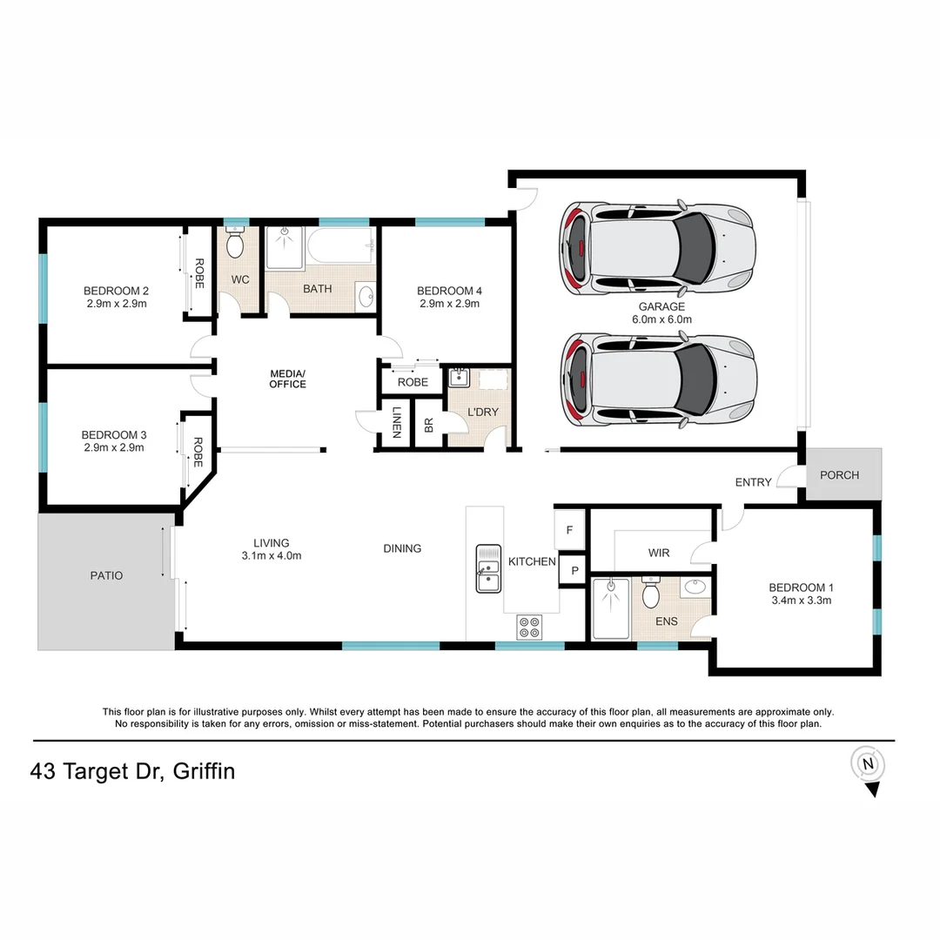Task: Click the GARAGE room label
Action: (x=661, y=306)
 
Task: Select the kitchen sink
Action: (x=488, y=568)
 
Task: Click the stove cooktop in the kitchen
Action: (x=529, y=627)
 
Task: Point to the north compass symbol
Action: (x=867, y=763)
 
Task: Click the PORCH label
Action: (x=839, y=475)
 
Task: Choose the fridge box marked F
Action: (x=569, y=529)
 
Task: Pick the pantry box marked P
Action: (x=574, y=571)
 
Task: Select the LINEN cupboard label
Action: (x=396, y=423)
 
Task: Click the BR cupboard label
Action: (x=428, y=425)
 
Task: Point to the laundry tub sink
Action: (x=459, y=378)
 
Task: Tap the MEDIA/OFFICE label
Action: (x=287, y=379)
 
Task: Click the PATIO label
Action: (x=106, y=575)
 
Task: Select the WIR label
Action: (x=658, y=553)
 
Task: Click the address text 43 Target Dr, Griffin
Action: (x=132, y=771)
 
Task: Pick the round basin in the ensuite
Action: (x=695, y=587)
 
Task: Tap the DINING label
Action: (x=402, y=548)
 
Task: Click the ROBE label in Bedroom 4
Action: (x=413, y=382)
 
